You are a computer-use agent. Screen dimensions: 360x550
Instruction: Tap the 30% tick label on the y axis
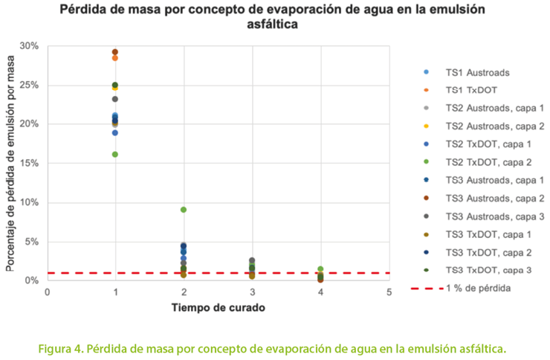[29, 46]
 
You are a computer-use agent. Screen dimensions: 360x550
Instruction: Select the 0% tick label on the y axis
[32, 280]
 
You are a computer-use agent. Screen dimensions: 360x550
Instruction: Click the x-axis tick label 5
[389, 292]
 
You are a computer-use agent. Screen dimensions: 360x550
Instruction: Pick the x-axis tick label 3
[252, 292]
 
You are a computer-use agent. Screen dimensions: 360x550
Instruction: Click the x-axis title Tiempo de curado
[219, 307]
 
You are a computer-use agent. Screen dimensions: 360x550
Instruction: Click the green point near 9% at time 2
[184, 210]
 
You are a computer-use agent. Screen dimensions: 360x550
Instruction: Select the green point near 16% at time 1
[115, 155]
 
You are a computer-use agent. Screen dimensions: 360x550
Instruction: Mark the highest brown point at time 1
[115, 52]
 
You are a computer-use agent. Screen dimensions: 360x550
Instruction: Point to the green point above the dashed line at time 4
[320, 269]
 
